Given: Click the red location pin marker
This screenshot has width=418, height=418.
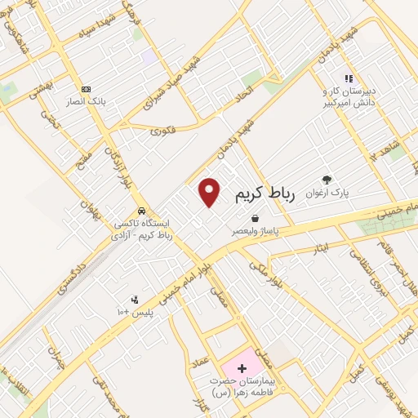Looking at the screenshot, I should (x=210, y=193).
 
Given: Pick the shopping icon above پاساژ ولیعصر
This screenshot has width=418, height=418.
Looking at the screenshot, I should (x=256, y=219).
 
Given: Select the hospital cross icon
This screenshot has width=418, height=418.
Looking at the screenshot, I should (x=241, y=368).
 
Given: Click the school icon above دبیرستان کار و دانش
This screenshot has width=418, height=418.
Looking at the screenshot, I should (x=349, y=78).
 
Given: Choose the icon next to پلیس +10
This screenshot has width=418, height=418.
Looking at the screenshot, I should (x=136, y=300).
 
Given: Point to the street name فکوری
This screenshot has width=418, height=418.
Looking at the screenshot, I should (x=162, y=128).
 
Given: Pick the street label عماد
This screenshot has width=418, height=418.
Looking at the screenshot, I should (x=204, y=349).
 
